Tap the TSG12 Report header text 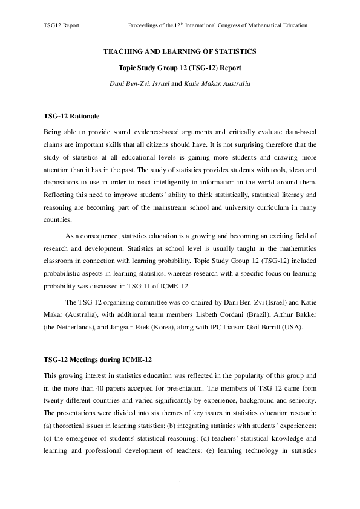(x=62, y=26)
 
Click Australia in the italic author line (x=232, y=83)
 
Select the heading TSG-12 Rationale (x=71, y=115)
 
